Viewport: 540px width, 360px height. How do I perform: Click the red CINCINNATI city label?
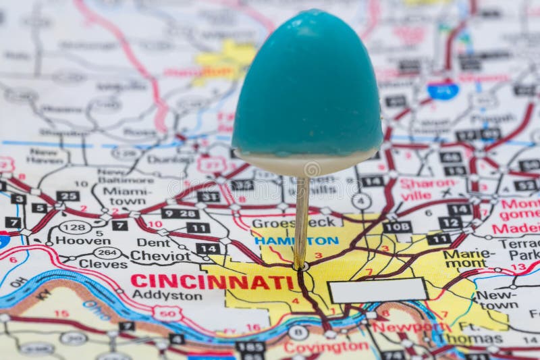point(212,282)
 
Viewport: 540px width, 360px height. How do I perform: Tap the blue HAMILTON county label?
point(296,240)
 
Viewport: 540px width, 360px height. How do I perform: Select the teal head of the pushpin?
point(307,84)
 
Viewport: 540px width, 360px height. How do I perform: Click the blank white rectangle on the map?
point(378,290)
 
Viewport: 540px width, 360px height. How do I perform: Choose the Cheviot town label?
point(160,256)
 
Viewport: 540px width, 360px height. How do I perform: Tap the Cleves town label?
point(103,264)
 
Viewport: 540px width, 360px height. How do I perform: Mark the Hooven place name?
point(82,240)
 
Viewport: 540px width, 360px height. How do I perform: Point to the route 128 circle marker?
point(76,226)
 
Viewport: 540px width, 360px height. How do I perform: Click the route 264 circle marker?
point(107,252)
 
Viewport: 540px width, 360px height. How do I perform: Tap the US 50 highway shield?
point(167,313)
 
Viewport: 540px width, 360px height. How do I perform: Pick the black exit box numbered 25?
point(67,196)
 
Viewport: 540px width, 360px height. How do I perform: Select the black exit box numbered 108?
point(397,227)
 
